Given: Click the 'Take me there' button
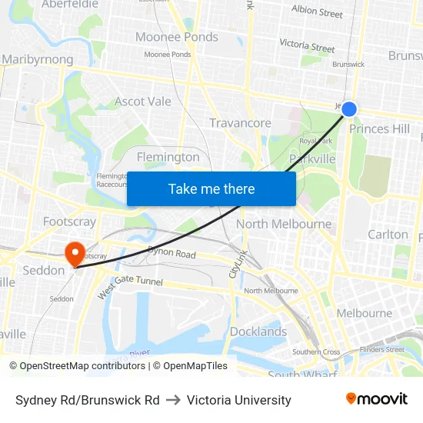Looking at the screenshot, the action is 211,188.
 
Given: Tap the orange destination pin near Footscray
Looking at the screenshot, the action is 75,253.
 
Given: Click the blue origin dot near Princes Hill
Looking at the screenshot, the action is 349,109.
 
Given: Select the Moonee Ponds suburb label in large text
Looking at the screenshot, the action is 176,37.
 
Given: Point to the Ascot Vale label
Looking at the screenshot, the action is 142,102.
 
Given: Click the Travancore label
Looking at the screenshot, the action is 240,123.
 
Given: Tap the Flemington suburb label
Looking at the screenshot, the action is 168,157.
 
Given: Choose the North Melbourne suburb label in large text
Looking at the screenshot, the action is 284,224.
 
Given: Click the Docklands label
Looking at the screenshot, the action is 258,331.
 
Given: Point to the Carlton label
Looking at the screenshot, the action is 388,234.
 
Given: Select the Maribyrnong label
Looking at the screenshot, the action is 37,59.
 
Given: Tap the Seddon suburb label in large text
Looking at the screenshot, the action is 44,271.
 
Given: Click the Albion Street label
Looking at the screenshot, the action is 317,12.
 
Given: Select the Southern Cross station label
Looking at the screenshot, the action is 316,352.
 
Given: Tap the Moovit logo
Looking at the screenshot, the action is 377,399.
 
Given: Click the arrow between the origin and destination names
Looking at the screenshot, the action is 172,400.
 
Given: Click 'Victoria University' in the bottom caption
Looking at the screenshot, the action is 238,400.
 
